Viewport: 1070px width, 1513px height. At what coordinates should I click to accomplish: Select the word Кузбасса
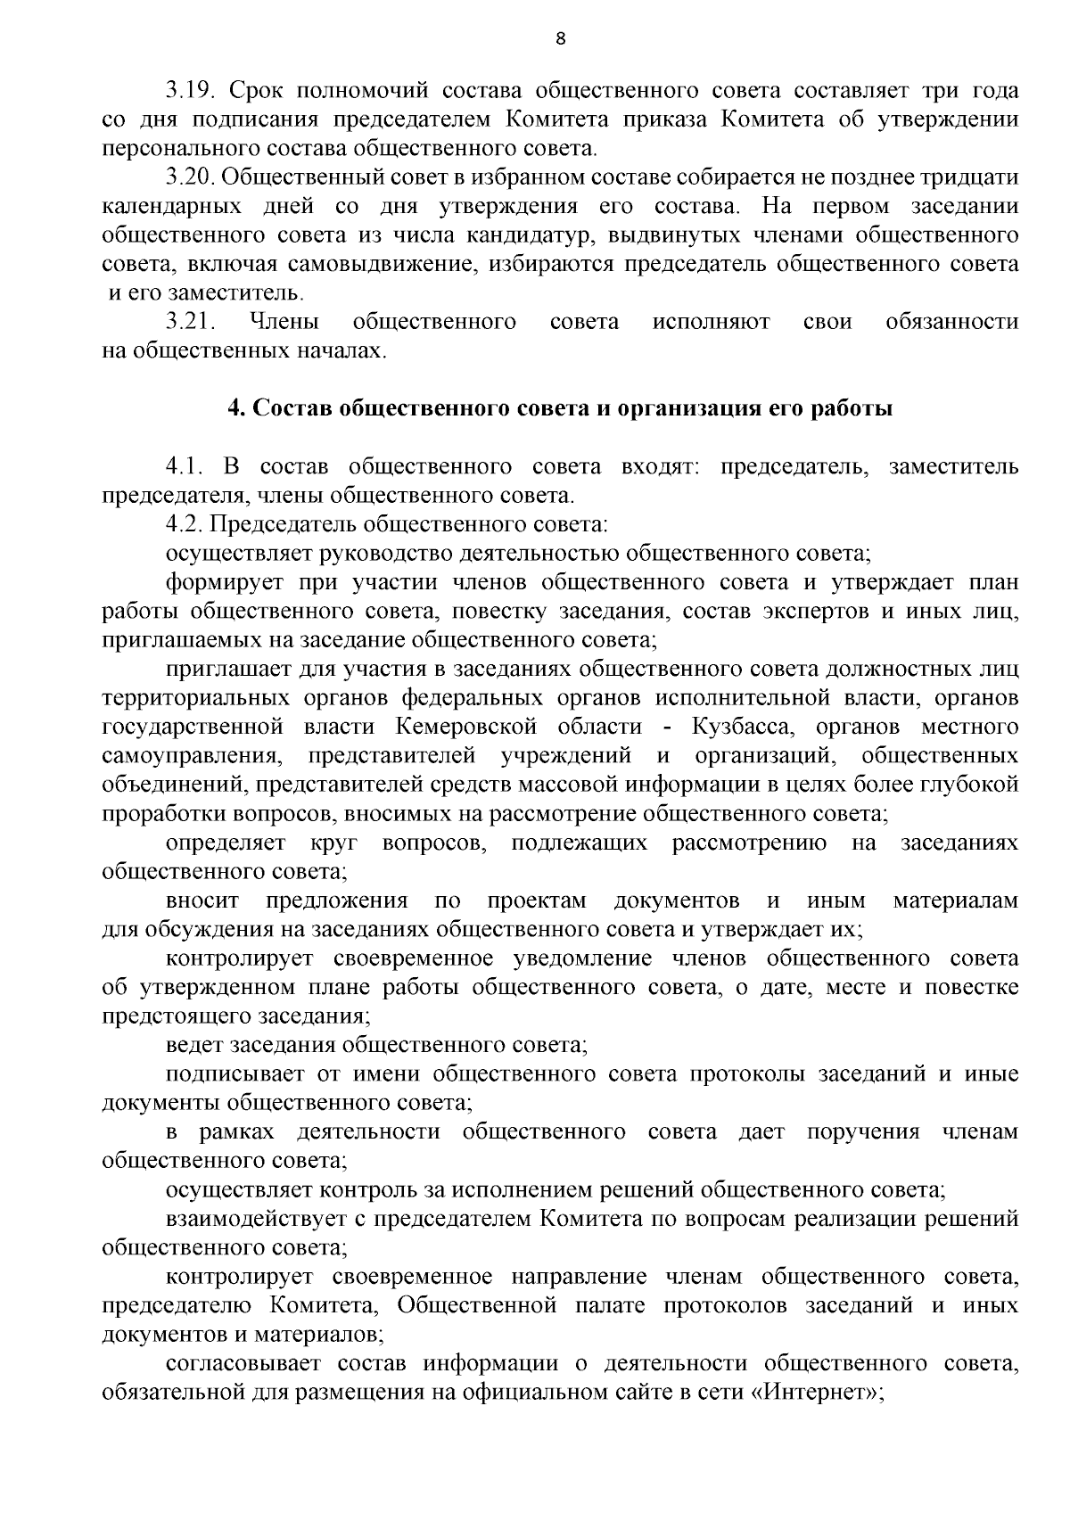pos(737,727)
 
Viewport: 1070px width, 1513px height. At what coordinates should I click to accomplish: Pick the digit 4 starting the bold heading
pos(235,409)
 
